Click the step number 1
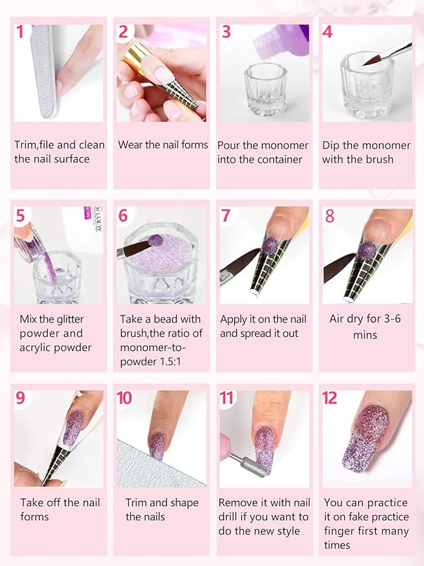tap(21, 31)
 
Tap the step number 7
tap(226, 215)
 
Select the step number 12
tap(330, 397)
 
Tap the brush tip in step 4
tap(372, 60)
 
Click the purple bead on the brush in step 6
tap(155, 240)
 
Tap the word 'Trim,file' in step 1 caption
tap(35, 145)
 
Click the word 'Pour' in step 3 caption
tap(230, 145)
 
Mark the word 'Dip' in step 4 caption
tap(333, 145)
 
